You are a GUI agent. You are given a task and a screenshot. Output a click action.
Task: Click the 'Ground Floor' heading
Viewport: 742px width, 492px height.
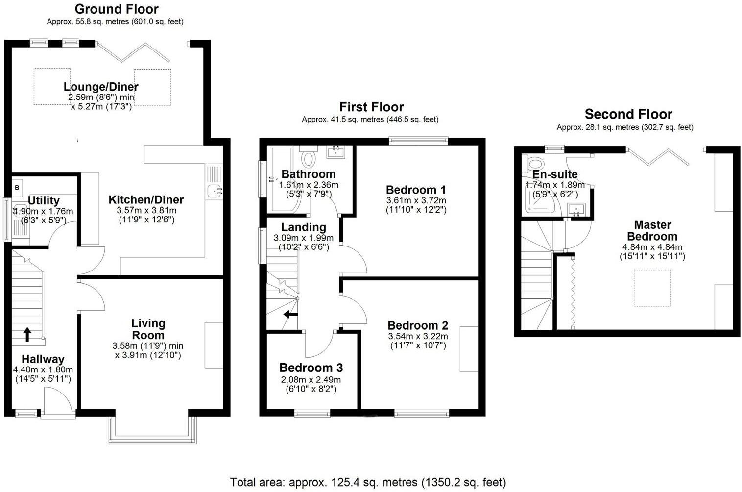(x=117, y=9)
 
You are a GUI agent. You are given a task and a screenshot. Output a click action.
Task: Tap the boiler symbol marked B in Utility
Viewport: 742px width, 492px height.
(x=17, y=187)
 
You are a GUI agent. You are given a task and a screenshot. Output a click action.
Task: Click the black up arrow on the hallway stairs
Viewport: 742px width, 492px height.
(x=27, y=335)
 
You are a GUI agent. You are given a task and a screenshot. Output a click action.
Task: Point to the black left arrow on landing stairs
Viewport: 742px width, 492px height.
(x=290, y=314)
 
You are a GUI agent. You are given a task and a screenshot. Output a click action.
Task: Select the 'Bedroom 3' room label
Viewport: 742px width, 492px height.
(x=311, y=368)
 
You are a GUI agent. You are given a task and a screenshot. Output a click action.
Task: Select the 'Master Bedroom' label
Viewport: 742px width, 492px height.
(x=652, y=230)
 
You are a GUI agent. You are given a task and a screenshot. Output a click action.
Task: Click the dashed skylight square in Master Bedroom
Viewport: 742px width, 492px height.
(x=652, y=288)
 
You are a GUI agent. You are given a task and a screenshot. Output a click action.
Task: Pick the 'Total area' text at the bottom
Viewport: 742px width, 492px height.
(x=368, y=482)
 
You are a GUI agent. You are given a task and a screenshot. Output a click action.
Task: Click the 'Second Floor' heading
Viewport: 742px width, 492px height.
(x=628, y=115)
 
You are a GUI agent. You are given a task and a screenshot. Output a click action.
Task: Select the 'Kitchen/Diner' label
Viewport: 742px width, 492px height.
(x=146, y=200)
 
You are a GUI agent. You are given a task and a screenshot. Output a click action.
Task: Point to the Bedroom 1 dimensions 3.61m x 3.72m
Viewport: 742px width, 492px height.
(x=416, y=200)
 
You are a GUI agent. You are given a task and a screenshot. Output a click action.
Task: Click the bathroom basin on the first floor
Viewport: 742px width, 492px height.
(x=336, y=151)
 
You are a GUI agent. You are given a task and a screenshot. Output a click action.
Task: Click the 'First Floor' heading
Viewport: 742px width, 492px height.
(x=371, y=107)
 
